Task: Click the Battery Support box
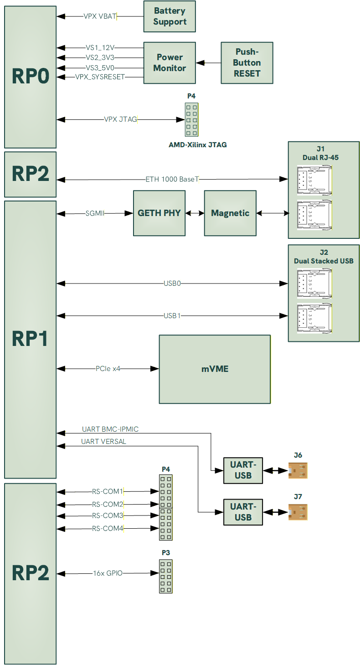tap(170, 16)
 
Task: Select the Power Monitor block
tap(170, 63)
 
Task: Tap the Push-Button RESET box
tap(247, 63)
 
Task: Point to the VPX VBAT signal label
tap(100, 16)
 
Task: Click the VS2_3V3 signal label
tap(100, 57)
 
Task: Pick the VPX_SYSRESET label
tap(100, 77)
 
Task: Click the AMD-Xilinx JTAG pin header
tap(191, 119)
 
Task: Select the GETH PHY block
tap(159, 213)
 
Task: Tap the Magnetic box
tap(230, 213)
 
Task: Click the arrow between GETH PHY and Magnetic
tap(195, 213)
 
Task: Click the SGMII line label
tap(95, 213)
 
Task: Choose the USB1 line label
tap(172, 315)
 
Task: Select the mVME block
tap(215, 369)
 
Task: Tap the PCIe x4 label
tap(108, 369)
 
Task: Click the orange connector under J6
tap(298, 470)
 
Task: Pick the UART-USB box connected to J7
tap(243, 512)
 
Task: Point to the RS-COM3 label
tap(108, 516)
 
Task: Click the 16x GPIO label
tap(108, 573)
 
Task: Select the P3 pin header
tap(166, 576)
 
